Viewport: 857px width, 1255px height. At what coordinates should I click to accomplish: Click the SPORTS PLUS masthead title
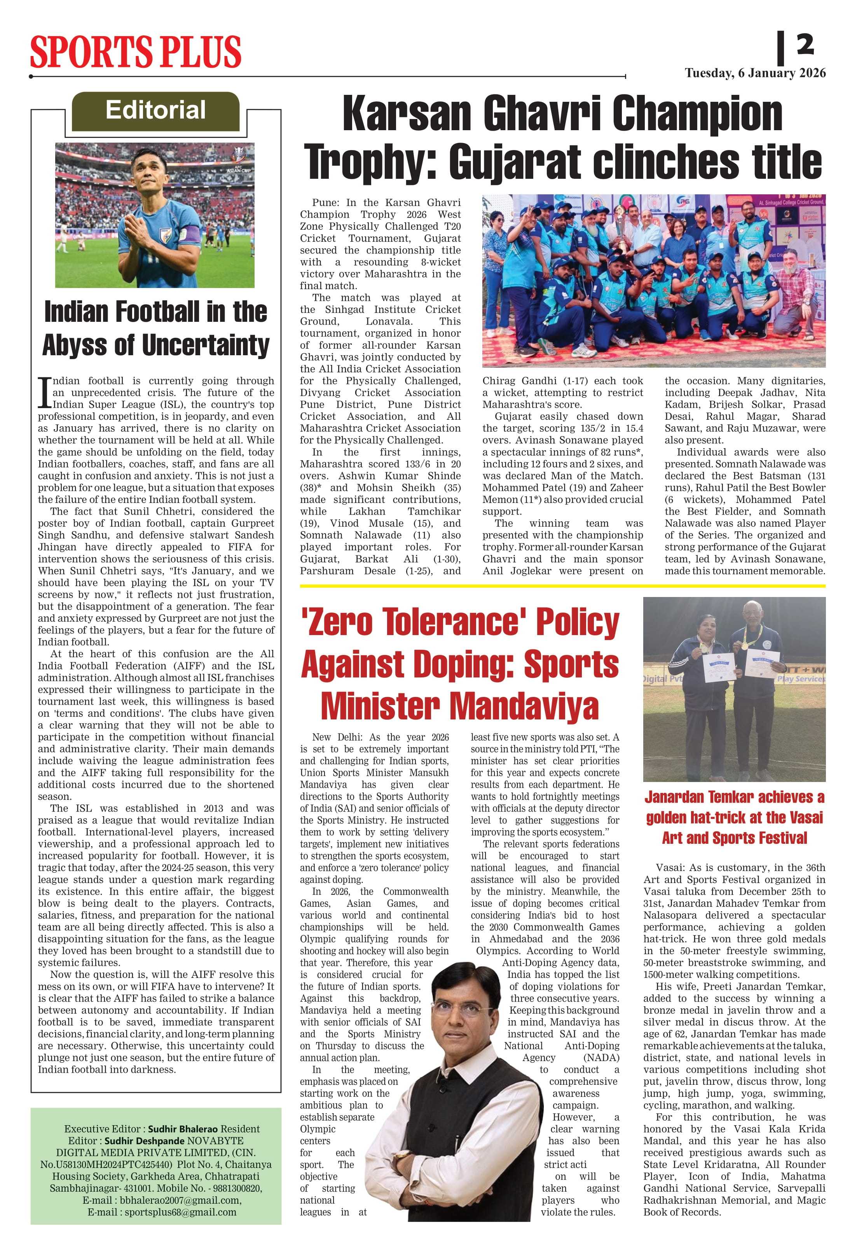136,52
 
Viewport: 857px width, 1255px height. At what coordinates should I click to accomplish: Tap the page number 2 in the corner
805,45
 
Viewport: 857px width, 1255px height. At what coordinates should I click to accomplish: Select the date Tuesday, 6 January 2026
755,73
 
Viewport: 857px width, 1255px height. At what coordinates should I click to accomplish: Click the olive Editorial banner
155,111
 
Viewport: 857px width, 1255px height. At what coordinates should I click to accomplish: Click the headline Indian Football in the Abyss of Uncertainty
155,328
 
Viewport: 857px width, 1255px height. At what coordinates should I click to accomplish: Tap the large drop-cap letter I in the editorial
44,393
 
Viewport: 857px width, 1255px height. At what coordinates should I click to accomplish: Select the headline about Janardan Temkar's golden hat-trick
734,818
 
